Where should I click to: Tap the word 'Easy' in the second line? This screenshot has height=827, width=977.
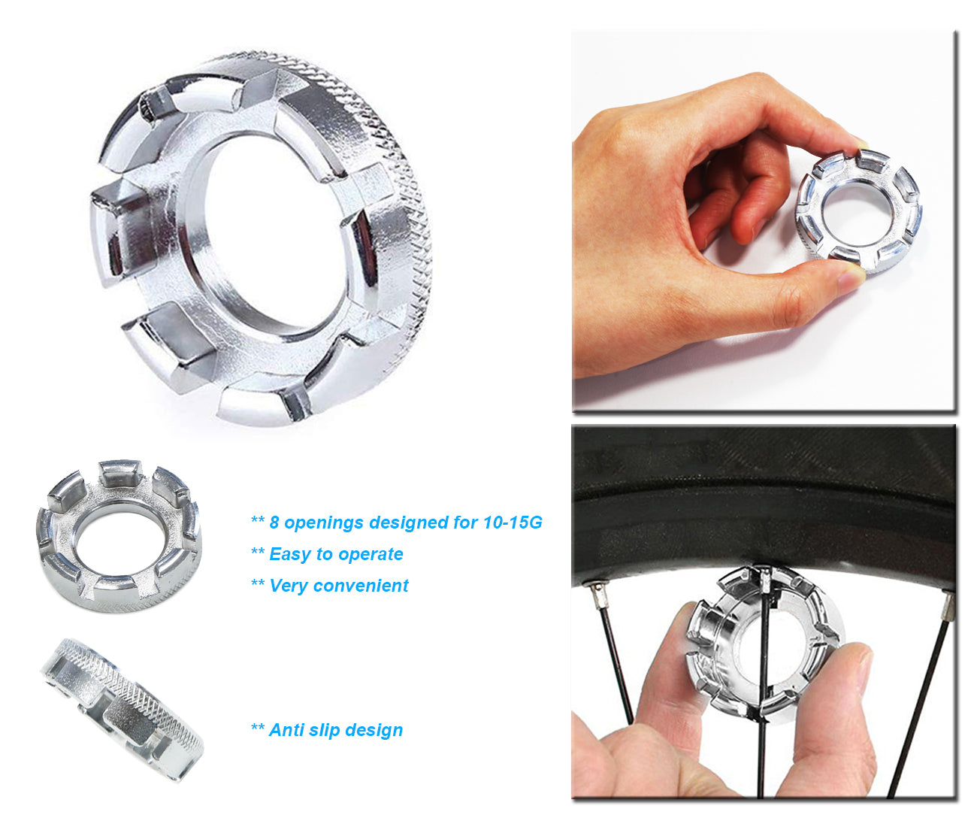pyautogui.click(x=290, y=554)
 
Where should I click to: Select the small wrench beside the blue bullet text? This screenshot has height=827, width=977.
pyautogui.click(x=119, y=535)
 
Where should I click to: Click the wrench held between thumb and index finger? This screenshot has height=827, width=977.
pyautogui.click(x=858, y=212)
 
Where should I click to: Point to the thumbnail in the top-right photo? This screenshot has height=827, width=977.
pyautogui.click(x=851, y=279)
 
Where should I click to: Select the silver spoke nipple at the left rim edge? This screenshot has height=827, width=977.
pyautogui.click(x=599, y=598)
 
